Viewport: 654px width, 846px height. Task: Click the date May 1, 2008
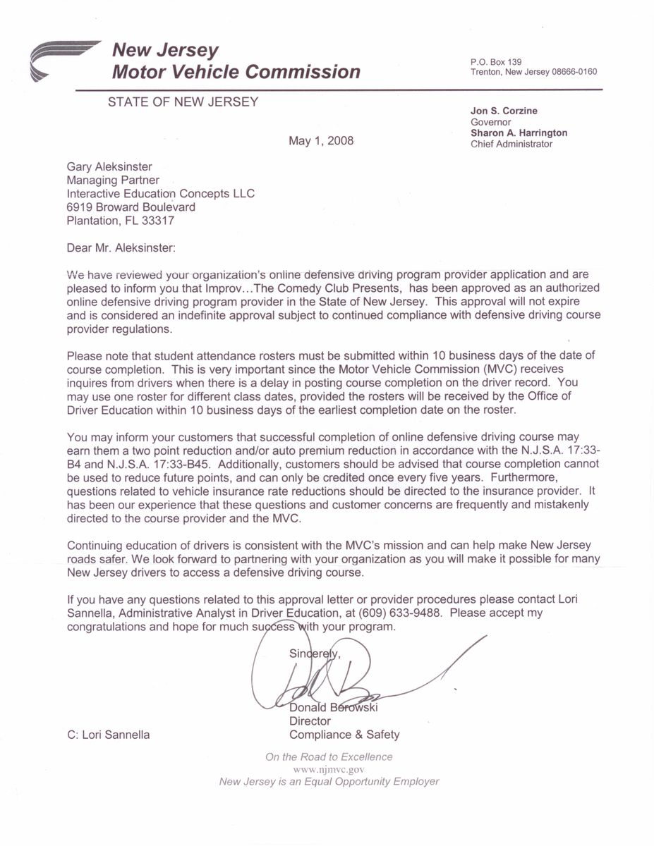click(x=321, y=141)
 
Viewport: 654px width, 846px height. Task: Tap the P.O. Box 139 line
click(x=496, y=62)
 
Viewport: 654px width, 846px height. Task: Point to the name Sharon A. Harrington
click(x=519, y=133)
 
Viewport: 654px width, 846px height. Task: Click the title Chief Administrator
click(x=511, y=145)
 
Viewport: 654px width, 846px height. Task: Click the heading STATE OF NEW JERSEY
click(x=183, y=102)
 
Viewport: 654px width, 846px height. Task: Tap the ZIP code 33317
click(x=159, y=221)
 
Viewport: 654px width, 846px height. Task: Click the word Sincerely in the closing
click(x=315, y=654)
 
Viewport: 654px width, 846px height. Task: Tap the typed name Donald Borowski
click(x=333, y=708)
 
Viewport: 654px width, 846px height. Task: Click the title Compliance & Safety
click(x=344, y=735)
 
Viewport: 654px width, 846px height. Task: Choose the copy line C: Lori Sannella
click(x=108, y=735)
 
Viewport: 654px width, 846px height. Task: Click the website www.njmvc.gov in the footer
click(x=328, y=769)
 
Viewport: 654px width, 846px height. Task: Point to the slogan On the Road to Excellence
click(x=329, y=757)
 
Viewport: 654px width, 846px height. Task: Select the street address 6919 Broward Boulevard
click(x=131, y=207)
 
